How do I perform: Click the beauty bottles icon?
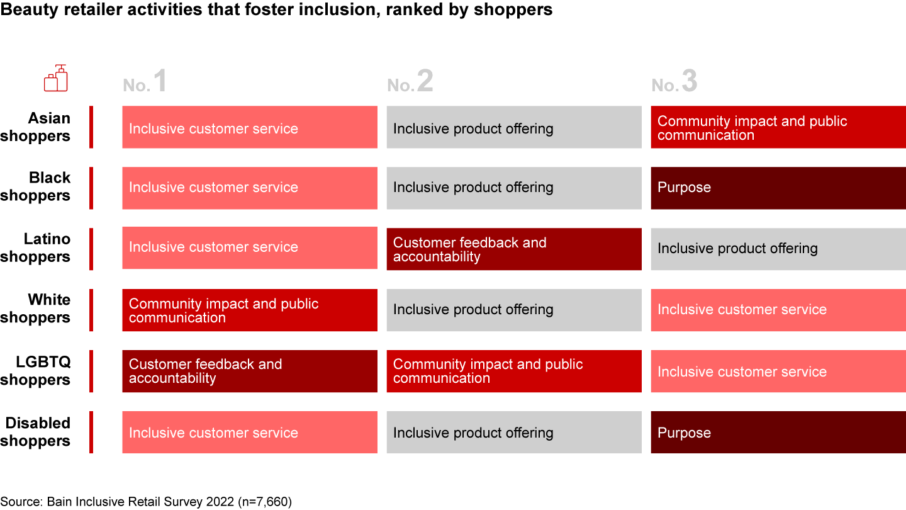[56, 77]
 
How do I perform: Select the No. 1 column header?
[145, 81]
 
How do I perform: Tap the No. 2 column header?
[410, 81]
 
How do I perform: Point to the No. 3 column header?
[674, 81]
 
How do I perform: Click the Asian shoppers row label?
[36, 127]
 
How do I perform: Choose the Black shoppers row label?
[36, 186]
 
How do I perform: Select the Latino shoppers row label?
[36, 247]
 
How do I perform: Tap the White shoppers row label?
[36, 309]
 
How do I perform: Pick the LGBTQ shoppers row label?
[36, 371]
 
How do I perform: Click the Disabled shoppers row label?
[36, 432]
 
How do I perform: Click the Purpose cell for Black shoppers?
[778, 188]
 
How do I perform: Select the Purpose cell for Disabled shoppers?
[778, 433]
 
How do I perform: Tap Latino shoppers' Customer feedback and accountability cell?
[514, 249]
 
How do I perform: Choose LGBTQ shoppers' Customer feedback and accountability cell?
[250, 371]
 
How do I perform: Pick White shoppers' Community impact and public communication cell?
[250, 310]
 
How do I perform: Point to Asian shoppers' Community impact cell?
[778, 127]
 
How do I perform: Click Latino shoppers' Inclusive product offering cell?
[778, 249]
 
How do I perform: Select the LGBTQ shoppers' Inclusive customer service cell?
[778, 371]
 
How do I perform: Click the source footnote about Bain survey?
[146, 501]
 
